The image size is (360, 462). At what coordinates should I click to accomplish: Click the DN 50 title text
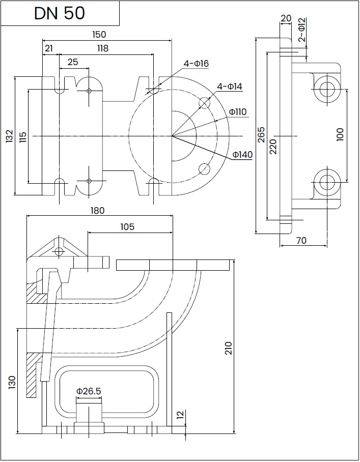click(x=60, y=13)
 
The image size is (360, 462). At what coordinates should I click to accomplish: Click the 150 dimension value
click(x=99, y=35)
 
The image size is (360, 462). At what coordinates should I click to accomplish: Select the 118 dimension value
click(x=103, y=48)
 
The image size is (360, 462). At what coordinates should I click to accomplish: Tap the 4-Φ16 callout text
click(x=196, y=64)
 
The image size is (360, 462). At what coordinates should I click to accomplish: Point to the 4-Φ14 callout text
click(x=230, y=86)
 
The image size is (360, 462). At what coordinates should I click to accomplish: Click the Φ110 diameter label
click(x=238, y=112)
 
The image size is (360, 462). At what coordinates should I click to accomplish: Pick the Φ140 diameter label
click(x=243, y=154)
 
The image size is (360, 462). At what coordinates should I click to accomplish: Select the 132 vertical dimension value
click(x=10, y=136)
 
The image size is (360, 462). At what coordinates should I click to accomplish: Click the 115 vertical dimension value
click(x=23, y=137)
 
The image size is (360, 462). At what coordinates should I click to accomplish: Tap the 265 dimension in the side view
click(x=261, y=135)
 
